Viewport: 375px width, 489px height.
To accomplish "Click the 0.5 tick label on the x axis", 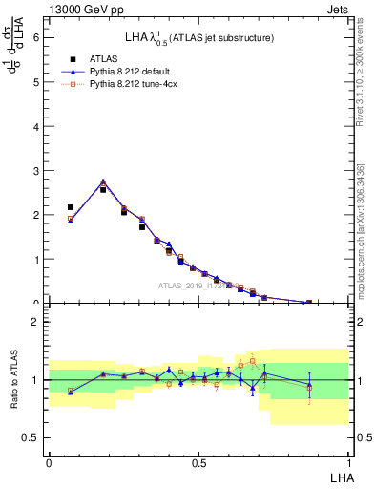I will [x=198, y=461].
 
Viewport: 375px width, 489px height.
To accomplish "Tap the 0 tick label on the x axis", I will [x=49, y=461].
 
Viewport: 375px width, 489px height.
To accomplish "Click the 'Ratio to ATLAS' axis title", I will [x=14, y=379].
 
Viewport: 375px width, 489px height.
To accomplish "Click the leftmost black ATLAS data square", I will [x=71, y=207].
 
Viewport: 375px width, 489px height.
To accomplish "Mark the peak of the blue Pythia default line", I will [x=103, y=181].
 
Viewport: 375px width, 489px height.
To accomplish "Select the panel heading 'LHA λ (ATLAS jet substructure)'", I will [x=199, y=38].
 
